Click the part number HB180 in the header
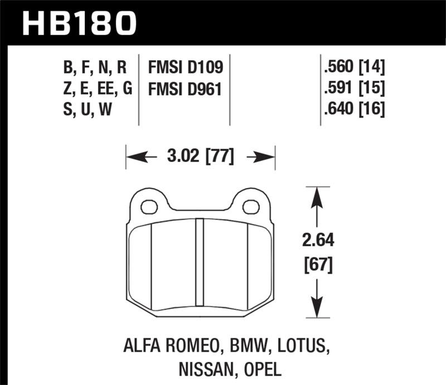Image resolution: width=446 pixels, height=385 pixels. (78, 23)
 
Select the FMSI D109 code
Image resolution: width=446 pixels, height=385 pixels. (185, 68)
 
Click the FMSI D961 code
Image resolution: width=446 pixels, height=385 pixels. (185, 89)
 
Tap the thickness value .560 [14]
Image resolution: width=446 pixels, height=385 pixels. (353, 68)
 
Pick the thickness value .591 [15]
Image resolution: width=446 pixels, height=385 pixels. (353, 89)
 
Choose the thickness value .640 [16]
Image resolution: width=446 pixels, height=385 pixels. (353, 109)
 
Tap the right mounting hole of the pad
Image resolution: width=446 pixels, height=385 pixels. (251, 208)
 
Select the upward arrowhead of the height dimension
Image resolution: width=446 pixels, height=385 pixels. (317, 196)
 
